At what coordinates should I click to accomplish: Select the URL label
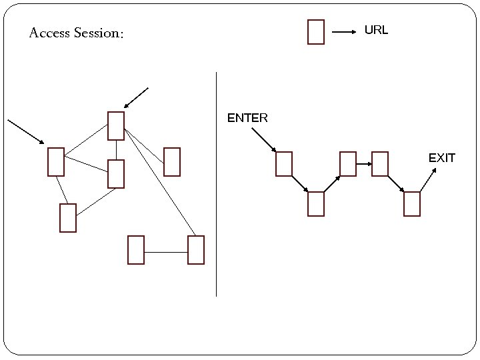[x=376, y=31]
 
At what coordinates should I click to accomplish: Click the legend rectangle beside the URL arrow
[x=316, y=32]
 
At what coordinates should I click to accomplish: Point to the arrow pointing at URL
[x=344, y=32]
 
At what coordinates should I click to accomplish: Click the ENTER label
[x=247, y=119]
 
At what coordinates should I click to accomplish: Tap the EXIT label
[x=441, y=158]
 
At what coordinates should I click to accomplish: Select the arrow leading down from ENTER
[x=264, y=140]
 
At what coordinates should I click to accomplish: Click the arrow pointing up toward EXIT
[x=428, y=180]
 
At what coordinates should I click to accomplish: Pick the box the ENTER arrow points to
[x=284, y=164]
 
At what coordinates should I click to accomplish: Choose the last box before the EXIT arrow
[x=412, y=204]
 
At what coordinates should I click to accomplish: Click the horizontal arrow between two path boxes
[x=364, y=164]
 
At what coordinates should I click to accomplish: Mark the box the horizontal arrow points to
[x=380, y=164]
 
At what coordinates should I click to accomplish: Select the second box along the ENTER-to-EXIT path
[x=316, y=204]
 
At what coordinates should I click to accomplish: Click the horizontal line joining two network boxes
[x=166, y=253]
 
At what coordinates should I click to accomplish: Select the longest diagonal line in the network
[x=160, y=182]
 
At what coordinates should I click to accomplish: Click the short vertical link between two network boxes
[x=116, y=150]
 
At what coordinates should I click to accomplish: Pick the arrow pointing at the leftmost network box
[x=25, y=131]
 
